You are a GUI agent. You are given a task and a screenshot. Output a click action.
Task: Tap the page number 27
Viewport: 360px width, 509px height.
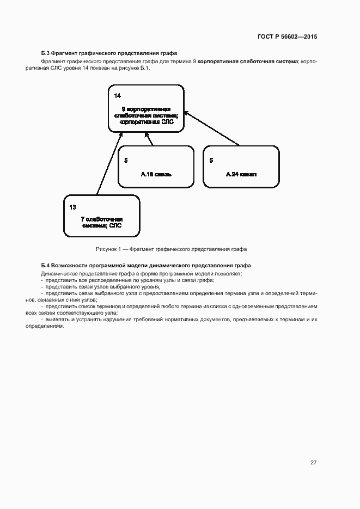[313, 463]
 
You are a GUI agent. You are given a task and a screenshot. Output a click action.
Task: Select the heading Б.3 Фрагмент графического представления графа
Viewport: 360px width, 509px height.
[109, 53]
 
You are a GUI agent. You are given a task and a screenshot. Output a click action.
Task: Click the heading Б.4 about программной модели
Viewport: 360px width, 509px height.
[146, 265]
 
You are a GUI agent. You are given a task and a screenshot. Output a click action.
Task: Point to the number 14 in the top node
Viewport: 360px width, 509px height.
[118, 96]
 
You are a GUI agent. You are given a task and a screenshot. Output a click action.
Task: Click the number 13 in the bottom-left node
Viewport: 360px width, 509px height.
[73, 207]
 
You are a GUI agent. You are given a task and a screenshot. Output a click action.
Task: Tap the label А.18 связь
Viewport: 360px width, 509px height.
[156, 175]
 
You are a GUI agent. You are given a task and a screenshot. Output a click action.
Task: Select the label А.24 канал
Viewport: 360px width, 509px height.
[241, 175]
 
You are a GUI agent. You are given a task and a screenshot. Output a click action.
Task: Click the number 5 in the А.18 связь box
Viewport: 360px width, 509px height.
[126, 160]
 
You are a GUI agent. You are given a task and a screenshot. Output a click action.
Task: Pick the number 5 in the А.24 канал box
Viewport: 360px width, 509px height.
[211, 160]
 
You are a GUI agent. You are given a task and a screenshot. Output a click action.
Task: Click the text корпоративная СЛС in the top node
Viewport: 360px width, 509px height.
[146, 122]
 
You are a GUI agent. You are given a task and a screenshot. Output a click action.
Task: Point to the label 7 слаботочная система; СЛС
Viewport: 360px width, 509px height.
[102, 222]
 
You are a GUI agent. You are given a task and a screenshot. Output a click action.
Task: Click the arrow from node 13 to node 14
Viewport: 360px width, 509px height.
[108, 163]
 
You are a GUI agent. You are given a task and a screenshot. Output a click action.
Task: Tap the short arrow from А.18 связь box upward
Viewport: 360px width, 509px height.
[150, 139]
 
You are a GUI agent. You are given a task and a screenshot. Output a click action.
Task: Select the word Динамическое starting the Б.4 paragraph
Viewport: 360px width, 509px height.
[61, 273]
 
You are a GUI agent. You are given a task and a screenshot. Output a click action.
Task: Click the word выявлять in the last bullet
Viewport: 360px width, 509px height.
[58, 320]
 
